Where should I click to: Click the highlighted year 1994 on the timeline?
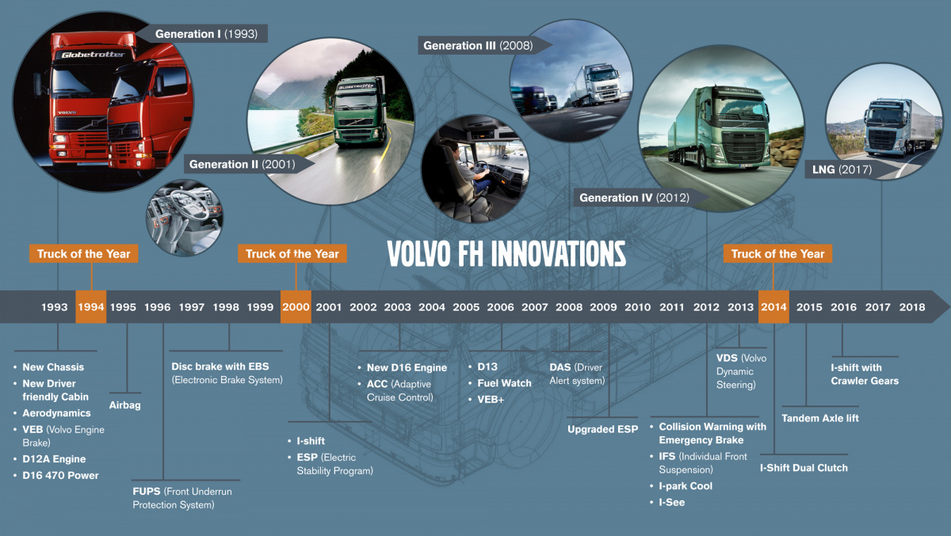[91, 306]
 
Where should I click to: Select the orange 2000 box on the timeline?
[296, 306]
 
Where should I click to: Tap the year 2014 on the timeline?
[773, 306]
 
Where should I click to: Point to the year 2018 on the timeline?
[912, 307]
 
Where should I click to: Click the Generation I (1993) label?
[206, 34]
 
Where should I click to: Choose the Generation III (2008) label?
[478, 45]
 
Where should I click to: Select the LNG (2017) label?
[842, 169]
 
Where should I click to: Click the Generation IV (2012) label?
[634, 198]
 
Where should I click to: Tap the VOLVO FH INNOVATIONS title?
[506, 254]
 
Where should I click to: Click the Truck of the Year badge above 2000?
[292, 253]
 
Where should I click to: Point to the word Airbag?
[125, 405]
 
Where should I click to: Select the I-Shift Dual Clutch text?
[804, 468]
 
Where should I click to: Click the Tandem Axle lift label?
[820, 418]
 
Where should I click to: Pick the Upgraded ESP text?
[603, 429]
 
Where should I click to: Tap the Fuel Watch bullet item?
[504, 383]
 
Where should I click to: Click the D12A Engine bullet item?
[54, 459]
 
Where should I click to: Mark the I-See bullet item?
[672, 503]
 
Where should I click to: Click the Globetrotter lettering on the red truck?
[93, 55]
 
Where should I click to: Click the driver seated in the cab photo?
[466, 169]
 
